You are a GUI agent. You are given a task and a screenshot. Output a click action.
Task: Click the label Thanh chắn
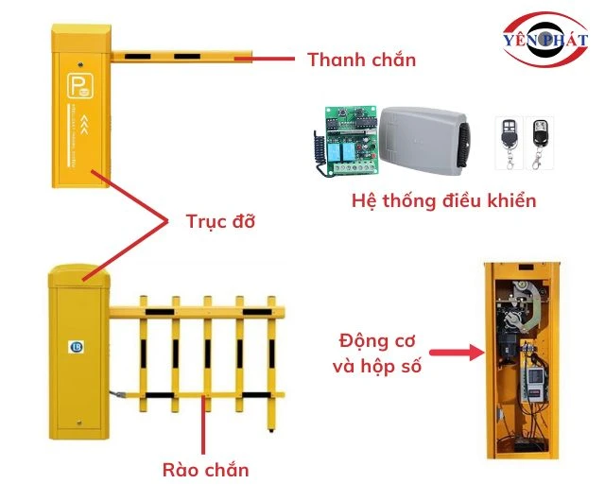[361, 60]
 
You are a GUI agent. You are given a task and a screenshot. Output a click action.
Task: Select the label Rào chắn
[205, 470]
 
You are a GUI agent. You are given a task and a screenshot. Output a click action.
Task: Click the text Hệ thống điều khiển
[443, 200]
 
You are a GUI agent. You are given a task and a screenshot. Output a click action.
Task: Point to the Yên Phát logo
[545, 41]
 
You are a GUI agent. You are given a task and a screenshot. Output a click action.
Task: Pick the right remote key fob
[538, 140]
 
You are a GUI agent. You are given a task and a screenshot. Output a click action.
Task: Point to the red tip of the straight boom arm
[244, 57]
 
